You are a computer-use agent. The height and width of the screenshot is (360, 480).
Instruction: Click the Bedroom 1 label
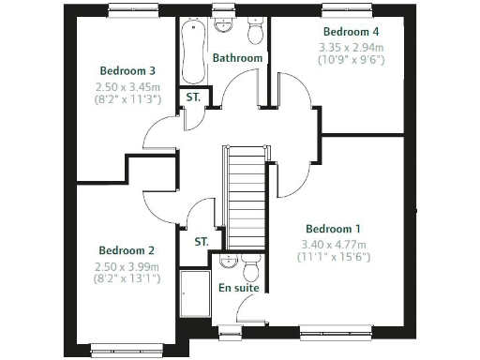click(333, 229)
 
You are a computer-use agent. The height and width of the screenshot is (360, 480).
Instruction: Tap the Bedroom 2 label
click(127, 250)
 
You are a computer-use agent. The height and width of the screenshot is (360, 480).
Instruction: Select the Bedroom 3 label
click(127, 70)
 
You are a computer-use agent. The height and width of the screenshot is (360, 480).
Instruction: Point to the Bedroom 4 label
click(350, 31)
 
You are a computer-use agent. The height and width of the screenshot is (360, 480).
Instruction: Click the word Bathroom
click(237, 58)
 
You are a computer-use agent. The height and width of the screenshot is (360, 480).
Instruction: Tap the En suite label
click(238, 288)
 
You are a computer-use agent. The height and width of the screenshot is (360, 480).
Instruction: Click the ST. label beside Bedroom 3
click(193, 97)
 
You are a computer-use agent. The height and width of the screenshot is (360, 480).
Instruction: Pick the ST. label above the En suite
click(202, 241)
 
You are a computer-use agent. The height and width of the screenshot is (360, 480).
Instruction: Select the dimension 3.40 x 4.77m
click(333, 243)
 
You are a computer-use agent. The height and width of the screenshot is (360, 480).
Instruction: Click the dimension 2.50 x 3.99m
click(127, 265)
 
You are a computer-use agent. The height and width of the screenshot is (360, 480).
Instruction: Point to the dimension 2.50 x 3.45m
click(127, 86)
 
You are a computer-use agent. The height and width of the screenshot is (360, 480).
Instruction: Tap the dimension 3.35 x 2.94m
click(351, 45)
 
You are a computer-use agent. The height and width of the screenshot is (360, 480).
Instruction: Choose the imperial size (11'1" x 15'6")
click(333, 256)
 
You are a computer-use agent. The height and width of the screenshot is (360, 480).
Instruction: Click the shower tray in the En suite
click(195, 296)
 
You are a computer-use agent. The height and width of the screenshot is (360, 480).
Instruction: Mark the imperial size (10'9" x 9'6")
click(351, 58)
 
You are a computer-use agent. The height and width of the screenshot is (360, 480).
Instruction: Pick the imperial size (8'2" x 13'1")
click(127, 278)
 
